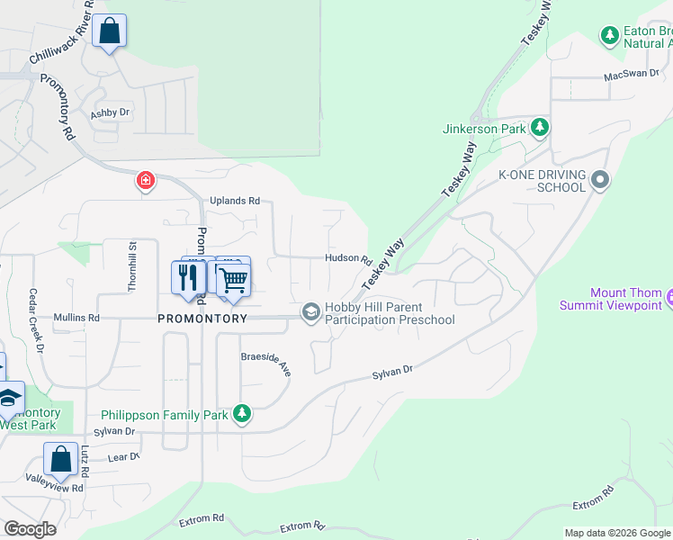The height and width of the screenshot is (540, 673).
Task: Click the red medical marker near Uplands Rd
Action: (x=144, y=182)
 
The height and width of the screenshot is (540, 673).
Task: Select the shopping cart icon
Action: (x=233, y=279)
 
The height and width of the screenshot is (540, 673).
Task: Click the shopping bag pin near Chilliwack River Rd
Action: (x=109, y=31)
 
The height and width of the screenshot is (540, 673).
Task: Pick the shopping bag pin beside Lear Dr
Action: (x=60, y=459)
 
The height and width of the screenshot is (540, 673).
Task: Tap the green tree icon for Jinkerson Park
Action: (x=539, y=128)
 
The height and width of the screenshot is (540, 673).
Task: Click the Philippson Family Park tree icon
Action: (x=241, y=414)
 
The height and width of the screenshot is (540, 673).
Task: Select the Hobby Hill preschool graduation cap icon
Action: (x=311, y=312)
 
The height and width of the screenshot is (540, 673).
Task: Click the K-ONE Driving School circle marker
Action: (x=600, y=181)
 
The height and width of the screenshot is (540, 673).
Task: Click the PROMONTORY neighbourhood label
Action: (x=202, y=319)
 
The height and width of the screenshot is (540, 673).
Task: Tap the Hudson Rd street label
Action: (x=348, y=258)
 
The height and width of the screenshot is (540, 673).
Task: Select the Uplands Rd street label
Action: (x=235, y=201)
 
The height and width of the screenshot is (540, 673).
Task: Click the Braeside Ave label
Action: (x=266, y=363)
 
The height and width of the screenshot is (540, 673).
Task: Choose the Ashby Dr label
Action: (x=110, y=113)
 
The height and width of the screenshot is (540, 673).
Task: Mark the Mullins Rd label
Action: (x=76, y=318)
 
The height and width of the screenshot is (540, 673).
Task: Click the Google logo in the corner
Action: (x=30, y=528)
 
